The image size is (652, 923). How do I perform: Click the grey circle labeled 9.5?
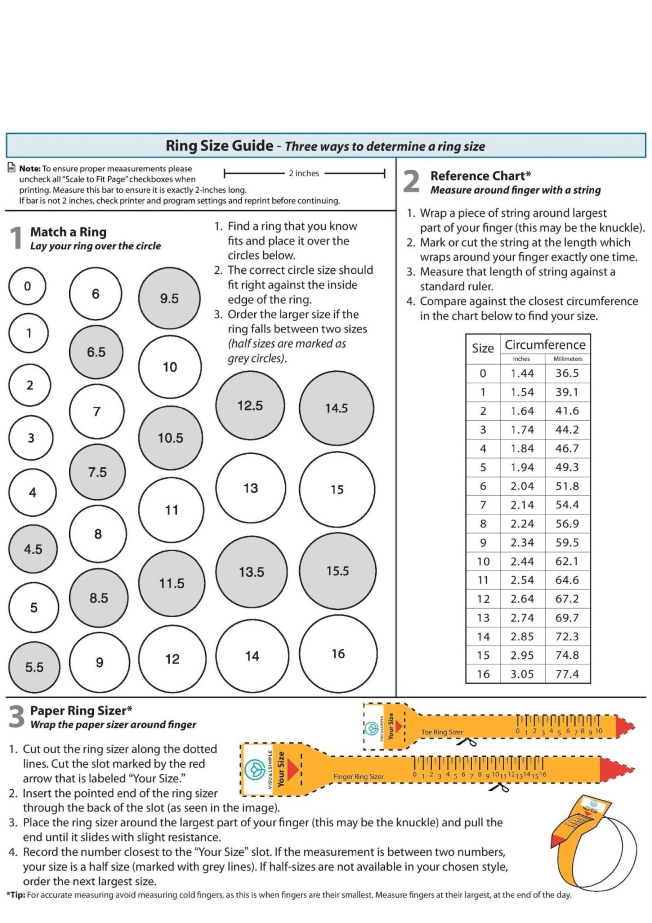169,298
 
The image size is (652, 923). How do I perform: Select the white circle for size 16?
338,653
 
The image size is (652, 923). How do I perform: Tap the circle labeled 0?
27,286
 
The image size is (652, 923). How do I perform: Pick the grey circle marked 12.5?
250,405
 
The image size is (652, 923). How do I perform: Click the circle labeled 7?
97,411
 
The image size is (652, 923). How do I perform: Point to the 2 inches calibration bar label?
304,173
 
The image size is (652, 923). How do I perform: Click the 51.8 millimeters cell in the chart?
567,486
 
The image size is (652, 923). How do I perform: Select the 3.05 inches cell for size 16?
522,674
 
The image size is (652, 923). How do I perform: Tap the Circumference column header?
545,345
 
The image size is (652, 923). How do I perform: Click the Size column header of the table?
482,348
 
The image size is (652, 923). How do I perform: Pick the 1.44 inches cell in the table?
522,373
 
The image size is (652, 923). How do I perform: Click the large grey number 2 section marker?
411,182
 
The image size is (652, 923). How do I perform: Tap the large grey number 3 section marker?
16,717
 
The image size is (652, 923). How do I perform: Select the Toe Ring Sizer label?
442,732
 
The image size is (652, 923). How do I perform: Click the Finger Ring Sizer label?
358,777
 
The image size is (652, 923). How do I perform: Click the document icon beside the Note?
12,168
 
